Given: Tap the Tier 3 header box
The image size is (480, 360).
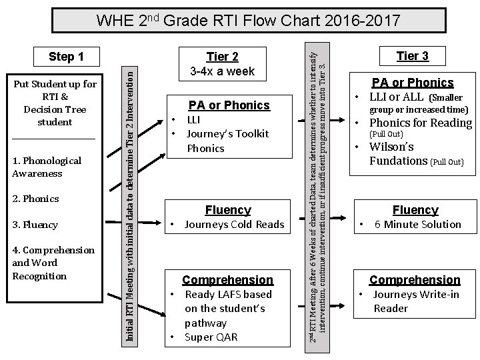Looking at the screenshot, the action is [413, 56].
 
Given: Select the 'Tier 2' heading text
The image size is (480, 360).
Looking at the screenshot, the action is [222, 57].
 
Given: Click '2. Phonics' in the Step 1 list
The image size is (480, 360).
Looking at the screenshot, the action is [35, 199].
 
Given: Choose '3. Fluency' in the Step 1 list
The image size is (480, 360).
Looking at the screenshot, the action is [35, 225].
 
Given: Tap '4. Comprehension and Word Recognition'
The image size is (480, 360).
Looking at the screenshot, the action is [53, 263].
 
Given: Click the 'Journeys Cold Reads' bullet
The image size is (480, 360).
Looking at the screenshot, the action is [234, 225].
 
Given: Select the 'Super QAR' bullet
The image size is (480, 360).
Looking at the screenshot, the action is [211, 337].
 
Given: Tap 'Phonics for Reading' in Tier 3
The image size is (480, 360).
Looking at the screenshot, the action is [421, 122].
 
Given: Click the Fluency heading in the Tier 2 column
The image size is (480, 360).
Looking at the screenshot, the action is [228, 210].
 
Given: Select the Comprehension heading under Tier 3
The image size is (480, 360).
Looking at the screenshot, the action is [415, 280].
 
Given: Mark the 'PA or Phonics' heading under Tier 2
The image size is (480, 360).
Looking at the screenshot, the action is [229, 105].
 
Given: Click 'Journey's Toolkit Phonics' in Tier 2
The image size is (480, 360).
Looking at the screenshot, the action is [227, 141].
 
